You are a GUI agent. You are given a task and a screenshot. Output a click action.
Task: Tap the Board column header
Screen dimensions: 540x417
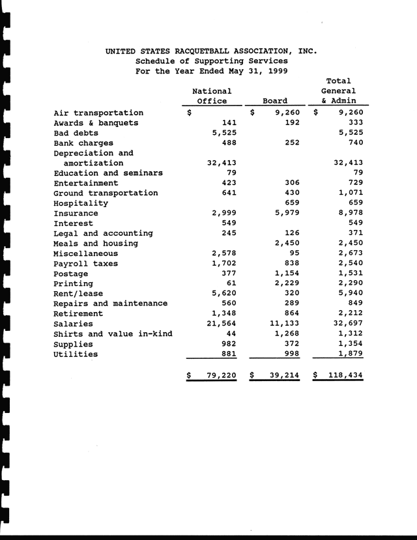(x=274, y=101)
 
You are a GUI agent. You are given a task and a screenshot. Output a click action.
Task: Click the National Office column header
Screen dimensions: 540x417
(x=212, y=96)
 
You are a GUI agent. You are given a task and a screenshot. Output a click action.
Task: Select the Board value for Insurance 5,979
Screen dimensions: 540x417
(x=287, y=213)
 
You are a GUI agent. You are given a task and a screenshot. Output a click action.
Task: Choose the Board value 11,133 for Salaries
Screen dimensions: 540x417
(x=283, y=324)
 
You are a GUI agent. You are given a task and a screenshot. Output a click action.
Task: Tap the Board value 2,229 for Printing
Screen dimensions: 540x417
(x=287, y=283)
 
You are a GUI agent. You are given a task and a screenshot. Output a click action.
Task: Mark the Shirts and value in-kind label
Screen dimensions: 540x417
(x=113, y=334)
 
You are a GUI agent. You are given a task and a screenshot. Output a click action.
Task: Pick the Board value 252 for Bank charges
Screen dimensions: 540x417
(x=291, y=143)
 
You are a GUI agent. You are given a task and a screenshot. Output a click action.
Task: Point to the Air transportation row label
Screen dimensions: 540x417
(x=98, y=112)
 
